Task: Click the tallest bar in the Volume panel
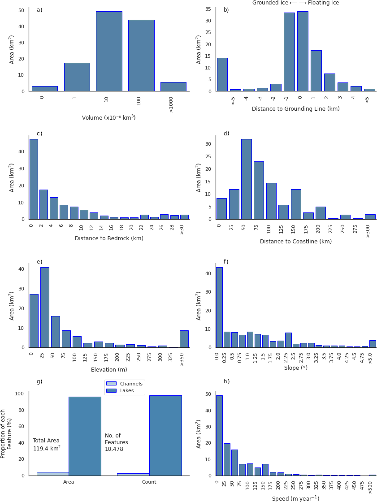click(109, 52)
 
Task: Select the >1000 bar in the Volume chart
click(173, 87)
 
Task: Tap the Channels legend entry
click(125, 384)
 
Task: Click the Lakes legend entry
click(125, 391)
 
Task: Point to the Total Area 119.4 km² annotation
click(47, 445)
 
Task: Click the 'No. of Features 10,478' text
click(117, 442)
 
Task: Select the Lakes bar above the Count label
click(165, 435)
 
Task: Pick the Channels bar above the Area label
click(52, 473)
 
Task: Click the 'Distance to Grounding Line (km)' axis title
click(295, 109)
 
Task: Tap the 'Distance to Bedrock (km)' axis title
click(109, 238)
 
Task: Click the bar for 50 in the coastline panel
click(246, 179)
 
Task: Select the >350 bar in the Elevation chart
click(184, 339)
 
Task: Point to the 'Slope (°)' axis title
click(295, 368)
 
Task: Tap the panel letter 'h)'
click(226, 381)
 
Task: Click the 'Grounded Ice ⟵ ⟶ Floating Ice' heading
click(295, 3)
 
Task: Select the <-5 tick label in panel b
click(233, 101)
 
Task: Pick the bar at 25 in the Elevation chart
click(44, 307)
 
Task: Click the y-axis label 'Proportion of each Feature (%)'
click(6, 433)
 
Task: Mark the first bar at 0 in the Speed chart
click(219, 435)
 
